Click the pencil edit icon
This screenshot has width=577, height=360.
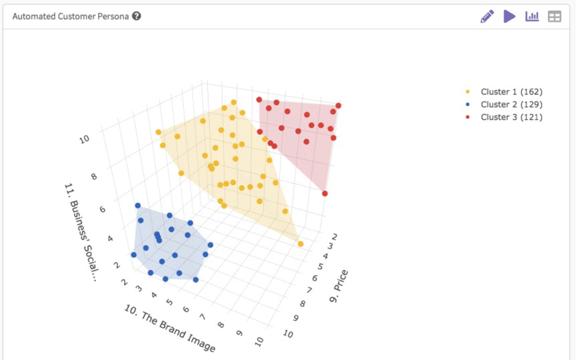[487, 17]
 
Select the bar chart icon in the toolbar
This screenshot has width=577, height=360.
[532, 16]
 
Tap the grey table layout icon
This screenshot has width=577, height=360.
[554, 17]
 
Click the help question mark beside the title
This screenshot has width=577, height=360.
[136, 16]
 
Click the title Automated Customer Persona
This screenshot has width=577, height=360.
[70, 17]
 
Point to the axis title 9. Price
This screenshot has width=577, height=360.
[338, 287]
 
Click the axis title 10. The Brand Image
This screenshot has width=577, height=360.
[169, 328]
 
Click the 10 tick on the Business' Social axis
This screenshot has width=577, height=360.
[84, 139]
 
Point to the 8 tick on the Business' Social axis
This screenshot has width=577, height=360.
[94, 177]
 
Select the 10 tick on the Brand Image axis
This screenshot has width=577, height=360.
[259, 341]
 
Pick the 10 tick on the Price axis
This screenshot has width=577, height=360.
[288, 334]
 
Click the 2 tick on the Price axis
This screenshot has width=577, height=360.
[334, 237]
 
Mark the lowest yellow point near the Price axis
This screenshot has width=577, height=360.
[301, 244]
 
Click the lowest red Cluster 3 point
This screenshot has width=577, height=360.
[325, 194]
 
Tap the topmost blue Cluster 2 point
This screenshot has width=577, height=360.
[138, 206]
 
